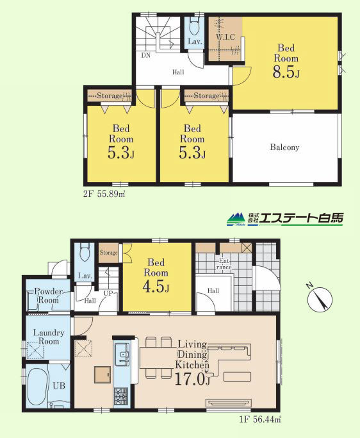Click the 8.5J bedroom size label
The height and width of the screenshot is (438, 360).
286,72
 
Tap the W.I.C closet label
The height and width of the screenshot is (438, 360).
225,37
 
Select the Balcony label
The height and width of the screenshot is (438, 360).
284,147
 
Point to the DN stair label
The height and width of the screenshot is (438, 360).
145,55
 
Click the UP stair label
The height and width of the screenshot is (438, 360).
108,294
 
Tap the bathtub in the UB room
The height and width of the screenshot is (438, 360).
37,387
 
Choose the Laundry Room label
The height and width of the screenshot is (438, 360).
49,337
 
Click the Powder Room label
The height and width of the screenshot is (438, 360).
48,296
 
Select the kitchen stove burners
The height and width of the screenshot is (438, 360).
121,397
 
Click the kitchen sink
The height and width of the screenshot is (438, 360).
122,355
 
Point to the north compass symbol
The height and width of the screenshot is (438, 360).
320,298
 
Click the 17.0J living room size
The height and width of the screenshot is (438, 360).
192,379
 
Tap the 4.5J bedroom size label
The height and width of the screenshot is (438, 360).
156,287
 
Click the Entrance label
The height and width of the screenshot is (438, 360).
225,264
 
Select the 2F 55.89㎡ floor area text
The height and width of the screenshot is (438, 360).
104,194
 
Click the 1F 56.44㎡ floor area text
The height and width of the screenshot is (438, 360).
260,419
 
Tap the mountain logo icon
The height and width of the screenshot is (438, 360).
236,219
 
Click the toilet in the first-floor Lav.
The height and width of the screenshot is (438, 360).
85,253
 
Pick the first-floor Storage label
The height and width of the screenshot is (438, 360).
108,253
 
